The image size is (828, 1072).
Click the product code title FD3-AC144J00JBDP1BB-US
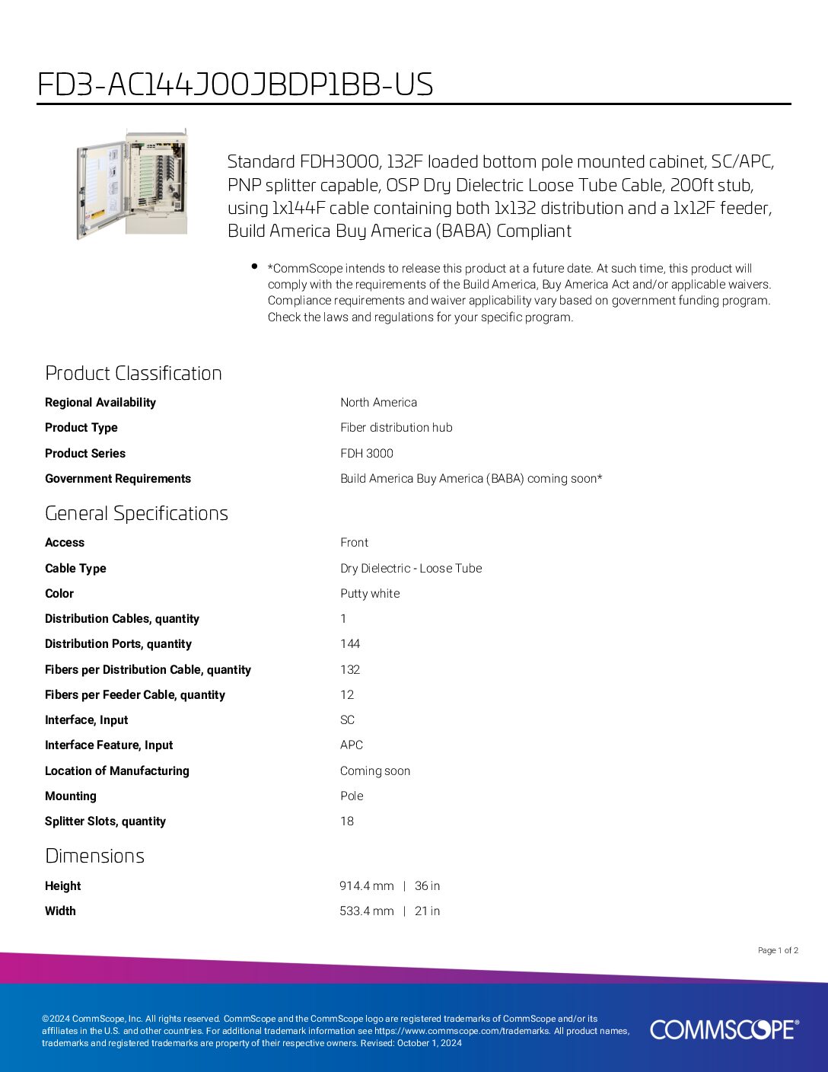[x=235, y=85]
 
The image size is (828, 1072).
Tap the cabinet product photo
[x=132, y=183]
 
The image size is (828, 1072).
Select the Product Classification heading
[x=133, y=373]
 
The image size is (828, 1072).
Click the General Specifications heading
[x=136, y=513]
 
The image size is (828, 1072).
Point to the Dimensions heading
[x=94, y=856]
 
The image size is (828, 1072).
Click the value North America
[x=378, y=403]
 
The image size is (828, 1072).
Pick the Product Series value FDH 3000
[x=367, y=454]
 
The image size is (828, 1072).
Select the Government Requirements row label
[x=118, y=479]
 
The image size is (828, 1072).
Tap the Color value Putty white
[x=370, y=594]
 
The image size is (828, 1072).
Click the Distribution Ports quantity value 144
[x=350, y=644]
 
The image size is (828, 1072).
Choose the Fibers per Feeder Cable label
[x=135, y=695]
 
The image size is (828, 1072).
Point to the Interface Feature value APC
[x=352, y=745]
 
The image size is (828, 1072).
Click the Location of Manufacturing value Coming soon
[x=375, y=771]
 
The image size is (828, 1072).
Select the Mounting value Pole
[x=352, y=796]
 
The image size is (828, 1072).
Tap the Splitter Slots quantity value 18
[x=347, y=822]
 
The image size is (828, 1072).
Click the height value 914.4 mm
[x=367, y=886]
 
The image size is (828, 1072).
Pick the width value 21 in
[x=427, y=911]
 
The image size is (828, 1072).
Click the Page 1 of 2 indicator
[x=778, y=950]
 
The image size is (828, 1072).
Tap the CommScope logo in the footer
[x=724, y=1029]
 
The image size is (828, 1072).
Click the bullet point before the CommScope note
[x=253, y=266]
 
